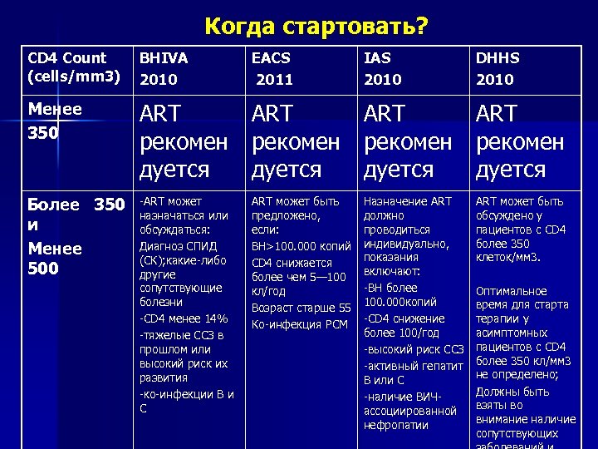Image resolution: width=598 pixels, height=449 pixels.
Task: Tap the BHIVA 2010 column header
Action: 164,68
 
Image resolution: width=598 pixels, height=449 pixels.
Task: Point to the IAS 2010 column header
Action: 382,68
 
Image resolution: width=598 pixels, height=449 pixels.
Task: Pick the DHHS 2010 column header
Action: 496,68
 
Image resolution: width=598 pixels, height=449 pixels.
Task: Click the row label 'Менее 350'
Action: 55,121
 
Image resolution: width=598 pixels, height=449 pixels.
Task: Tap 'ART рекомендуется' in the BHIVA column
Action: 183,141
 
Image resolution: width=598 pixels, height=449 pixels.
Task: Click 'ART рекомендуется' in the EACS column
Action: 296,141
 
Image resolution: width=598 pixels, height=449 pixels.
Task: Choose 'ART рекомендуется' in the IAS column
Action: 408,141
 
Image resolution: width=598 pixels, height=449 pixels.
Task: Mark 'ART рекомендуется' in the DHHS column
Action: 520,141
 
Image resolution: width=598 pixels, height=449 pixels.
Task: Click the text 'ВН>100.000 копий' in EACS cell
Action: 301,247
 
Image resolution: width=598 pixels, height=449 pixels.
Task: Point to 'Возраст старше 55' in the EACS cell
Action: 301,308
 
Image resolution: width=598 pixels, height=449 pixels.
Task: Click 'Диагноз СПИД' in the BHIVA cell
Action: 178,245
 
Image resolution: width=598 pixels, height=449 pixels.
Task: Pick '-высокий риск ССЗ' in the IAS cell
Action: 409,349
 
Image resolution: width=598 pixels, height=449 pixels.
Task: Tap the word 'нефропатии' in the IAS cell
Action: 395,426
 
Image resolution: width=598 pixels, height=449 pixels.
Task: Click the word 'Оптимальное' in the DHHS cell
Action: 511,291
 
